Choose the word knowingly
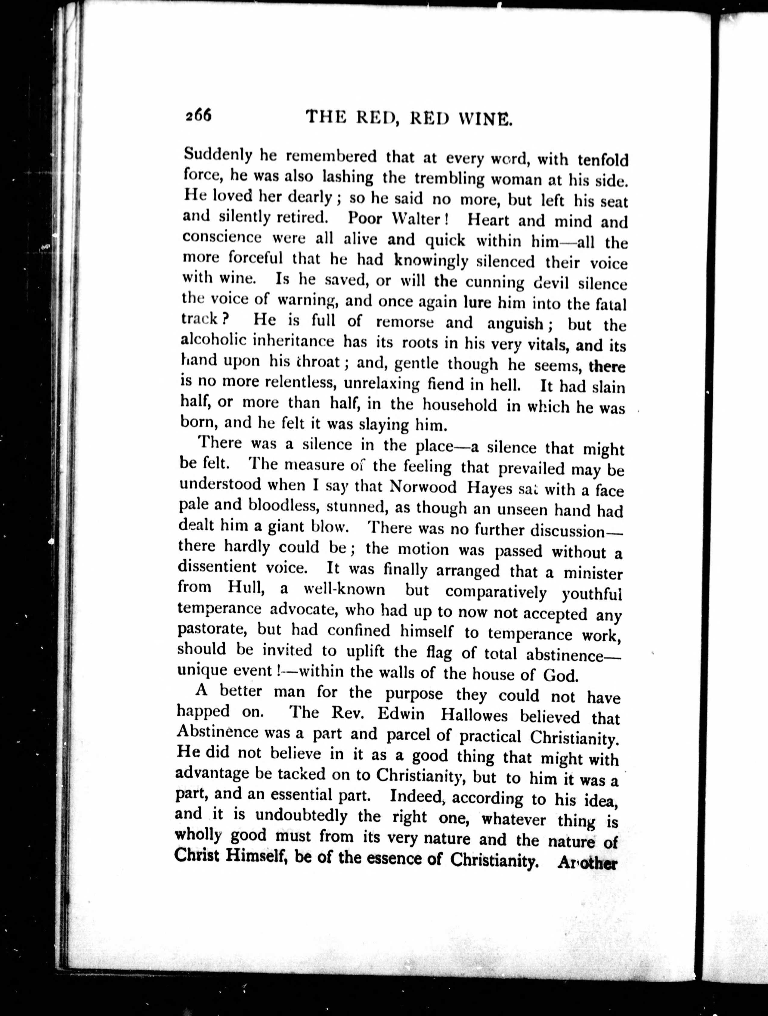431,260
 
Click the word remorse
405,322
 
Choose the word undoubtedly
309,816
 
